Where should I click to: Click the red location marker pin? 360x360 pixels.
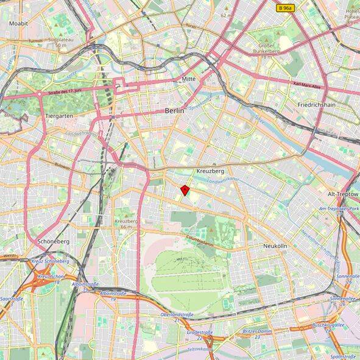coord(185,190)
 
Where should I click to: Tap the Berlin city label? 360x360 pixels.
coord(175,111)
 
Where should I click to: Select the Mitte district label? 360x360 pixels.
coord(189,80)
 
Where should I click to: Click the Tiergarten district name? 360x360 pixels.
coord(60,115)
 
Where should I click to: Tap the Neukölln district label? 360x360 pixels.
coord(275,245)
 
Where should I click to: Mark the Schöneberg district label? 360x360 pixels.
coord(54,241)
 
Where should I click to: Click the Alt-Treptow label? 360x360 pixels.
coord(343,194)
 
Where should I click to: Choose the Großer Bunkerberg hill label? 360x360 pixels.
coord(266,48)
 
